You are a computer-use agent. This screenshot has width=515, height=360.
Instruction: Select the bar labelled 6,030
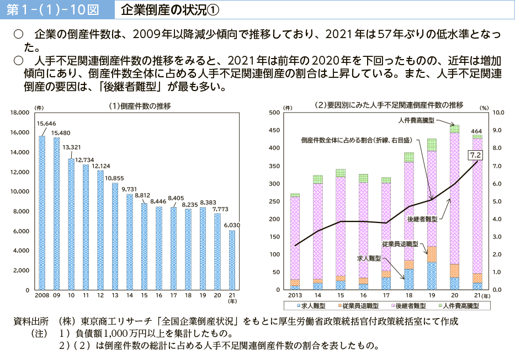231,260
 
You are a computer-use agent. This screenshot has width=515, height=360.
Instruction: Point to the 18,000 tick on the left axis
19,113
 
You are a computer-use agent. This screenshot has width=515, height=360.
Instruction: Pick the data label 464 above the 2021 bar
477,130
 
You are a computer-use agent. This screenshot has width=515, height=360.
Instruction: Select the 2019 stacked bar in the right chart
431,215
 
